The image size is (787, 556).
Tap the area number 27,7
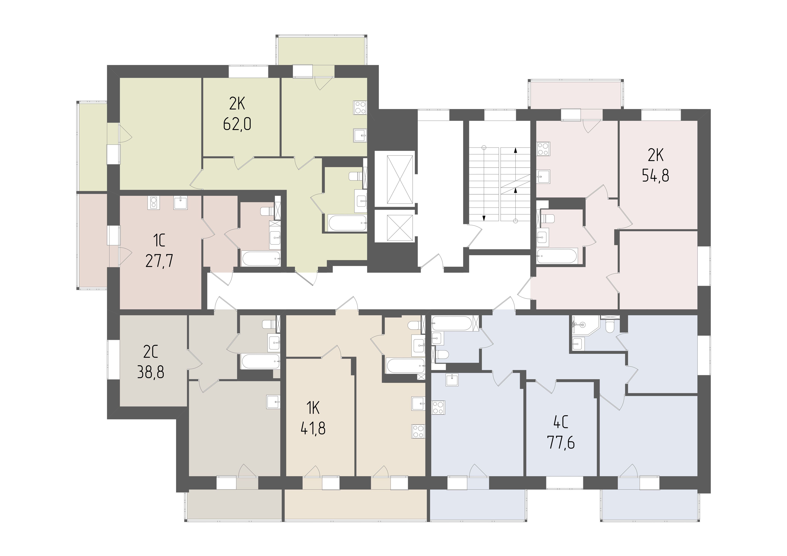[159, 261]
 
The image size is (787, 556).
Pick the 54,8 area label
[656, 176]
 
